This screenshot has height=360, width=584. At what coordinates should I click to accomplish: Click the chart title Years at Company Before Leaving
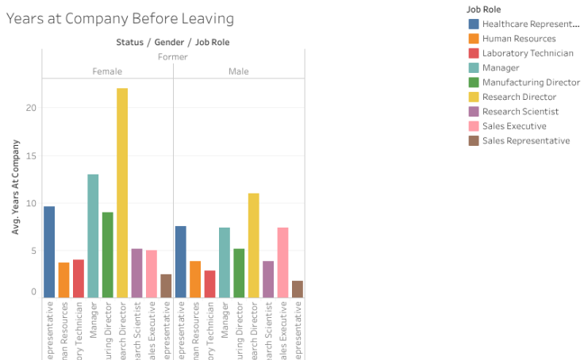pos(120,17)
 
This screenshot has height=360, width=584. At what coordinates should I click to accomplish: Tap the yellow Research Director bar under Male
pos(253,245)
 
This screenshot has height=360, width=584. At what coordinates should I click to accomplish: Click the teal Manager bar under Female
pos(93,236)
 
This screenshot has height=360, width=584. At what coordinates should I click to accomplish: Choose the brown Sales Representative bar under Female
pos(166,285)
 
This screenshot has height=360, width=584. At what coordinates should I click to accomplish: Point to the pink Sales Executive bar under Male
pos(282,262)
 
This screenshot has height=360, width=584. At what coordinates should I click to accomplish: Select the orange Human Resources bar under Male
pos(195,279)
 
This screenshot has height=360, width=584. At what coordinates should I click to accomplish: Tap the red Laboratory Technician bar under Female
pos(79,278)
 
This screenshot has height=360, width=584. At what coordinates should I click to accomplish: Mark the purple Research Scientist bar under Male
pos(268,279)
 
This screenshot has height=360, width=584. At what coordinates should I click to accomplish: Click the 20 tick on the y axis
pos(32,108)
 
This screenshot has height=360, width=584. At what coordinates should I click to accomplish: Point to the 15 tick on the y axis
pos(32,155)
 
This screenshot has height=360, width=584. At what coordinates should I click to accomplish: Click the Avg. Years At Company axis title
pos(16,195)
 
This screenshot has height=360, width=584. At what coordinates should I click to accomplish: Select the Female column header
pos(107,71)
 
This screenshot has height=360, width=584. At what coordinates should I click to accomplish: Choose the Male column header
pos(239,71)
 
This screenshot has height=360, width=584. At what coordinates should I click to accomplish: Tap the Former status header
pos(172,57)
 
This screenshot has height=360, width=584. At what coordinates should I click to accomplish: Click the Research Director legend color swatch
pos(474,97)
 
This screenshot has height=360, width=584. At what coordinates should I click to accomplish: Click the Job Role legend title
pos(483,10)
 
